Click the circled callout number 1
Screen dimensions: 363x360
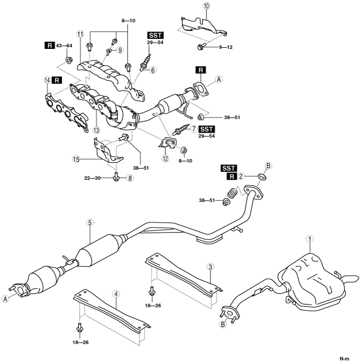click(x=309, y=239)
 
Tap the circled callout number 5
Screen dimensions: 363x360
click(x=89, y=223)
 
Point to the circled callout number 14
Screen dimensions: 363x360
click(x=47, y=81)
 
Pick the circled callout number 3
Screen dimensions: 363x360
click(x=209, y=266)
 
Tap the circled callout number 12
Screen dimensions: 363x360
click(x=165, y=159)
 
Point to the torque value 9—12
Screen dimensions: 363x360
click(x=222, y=47)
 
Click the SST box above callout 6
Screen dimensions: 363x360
click(x=155, y=35)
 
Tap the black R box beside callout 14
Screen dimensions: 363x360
click(x=59, y=81)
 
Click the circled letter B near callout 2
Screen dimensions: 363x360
click(x=268, y=166)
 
